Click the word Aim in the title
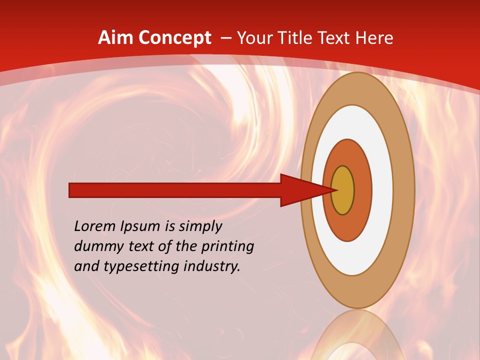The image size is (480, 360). point(115,38)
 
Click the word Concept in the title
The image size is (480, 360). point(174,38)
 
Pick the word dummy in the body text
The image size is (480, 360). point(95,246)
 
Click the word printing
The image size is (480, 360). point(227,247)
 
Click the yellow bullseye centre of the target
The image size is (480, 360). point(343,190)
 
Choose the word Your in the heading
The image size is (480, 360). point(252,38)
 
